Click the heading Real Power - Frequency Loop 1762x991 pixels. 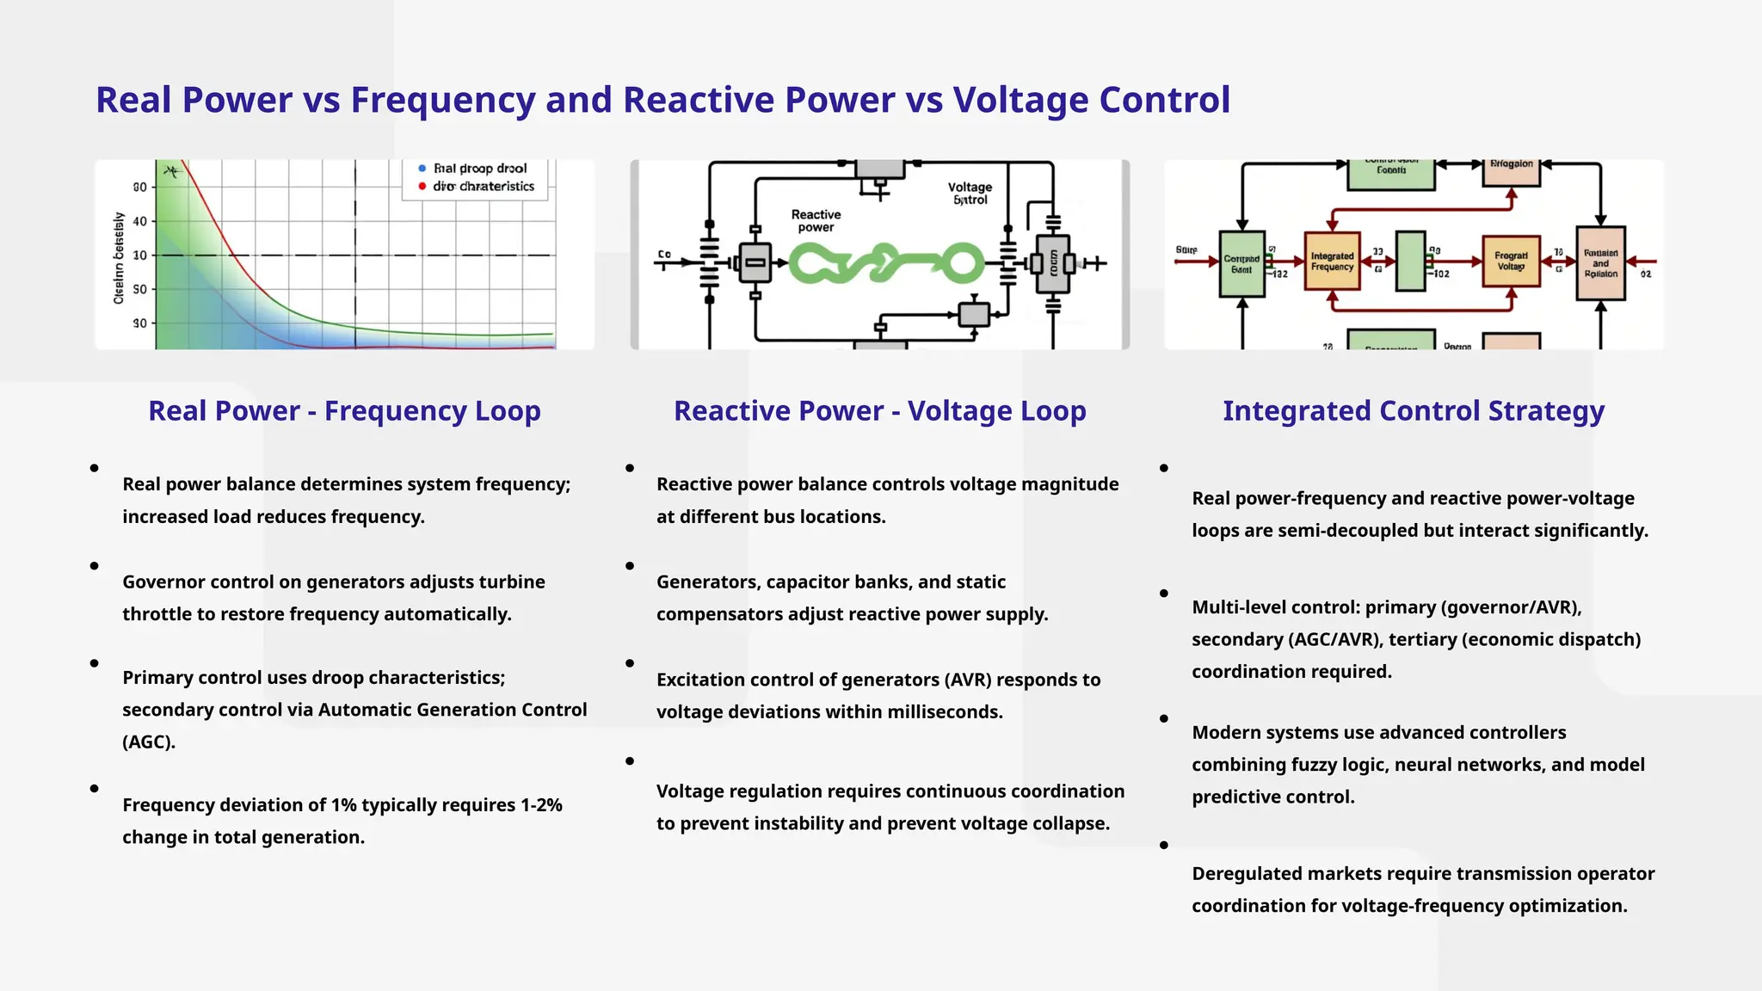tap(344, 411)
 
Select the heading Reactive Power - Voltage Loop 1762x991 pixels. tap(879, 411)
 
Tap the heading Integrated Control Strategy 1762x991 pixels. tap(1413, 411)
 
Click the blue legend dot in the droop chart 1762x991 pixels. tap(422, 169)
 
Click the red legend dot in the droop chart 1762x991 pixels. tap(422, 187)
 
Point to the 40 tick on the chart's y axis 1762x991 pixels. tap(139, 221)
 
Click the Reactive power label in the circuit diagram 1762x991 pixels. tap(816, 221)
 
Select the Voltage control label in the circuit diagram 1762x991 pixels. tap(970, 194)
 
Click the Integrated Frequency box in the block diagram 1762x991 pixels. tap(1332, 262)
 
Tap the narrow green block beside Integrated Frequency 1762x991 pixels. tap(1410, 261)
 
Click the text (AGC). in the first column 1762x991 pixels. tap(149, 742)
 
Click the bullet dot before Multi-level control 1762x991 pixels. tap(1164, 594)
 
